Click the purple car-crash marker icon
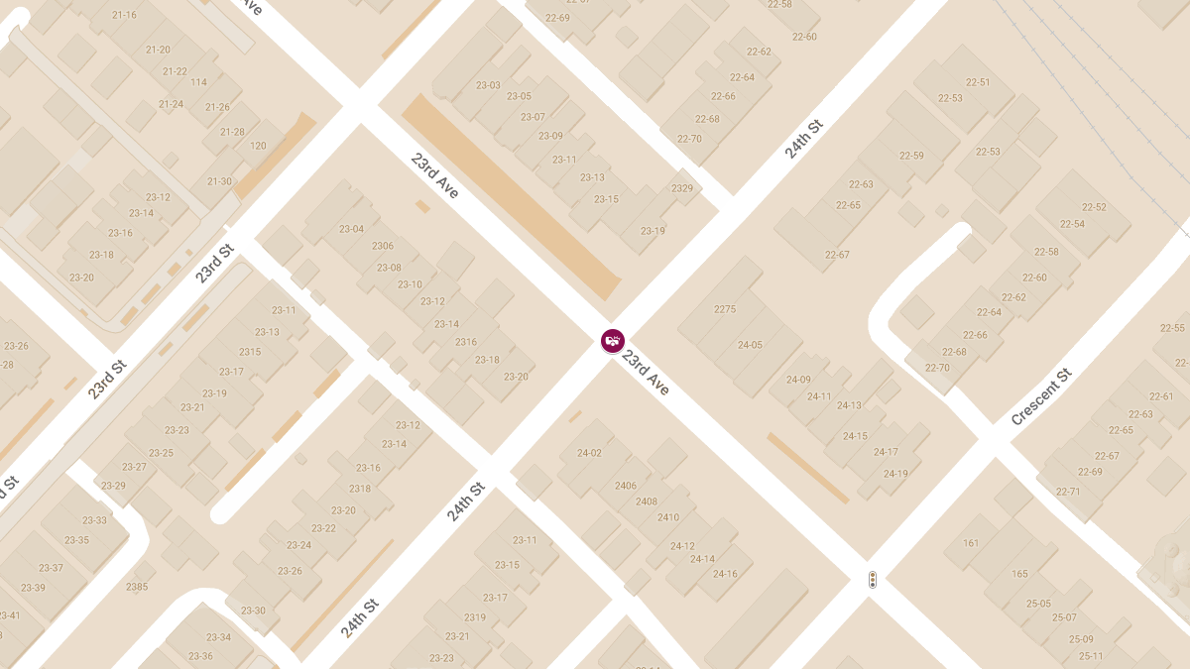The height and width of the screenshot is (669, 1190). [x=613, y=341]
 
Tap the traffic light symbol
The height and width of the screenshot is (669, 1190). [x=873, y=580]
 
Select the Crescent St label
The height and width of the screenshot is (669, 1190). [x=1041, y=396]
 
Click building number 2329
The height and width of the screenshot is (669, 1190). [x=682, y=188]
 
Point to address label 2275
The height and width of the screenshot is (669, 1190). [x=725, y=309]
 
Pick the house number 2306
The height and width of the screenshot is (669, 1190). [x=383, y=246]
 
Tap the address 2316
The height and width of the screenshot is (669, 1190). [x=466, y=342]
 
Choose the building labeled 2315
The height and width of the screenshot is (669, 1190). [x=250, y=352]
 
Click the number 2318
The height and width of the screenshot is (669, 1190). [x=360, y=489]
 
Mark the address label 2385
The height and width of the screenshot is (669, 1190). [x=137, y=587]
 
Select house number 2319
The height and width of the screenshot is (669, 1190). [x=475, y=617]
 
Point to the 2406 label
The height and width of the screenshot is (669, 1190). [x=626, y=486]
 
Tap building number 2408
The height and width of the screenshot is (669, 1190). [x=647, y=502]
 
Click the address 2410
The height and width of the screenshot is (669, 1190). [x=668, y=517]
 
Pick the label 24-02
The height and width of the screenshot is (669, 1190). [x=589, y=453]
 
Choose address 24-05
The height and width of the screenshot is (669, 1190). [x=750, y=345]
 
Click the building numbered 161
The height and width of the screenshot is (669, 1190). [x=971, y=543]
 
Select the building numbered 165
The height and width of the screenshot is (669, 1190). [x=1020, y=574]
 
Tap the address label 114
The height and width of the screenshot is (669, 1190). [x=199, y=82]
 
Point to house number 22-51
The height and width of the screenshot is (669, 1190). [x=978, y=82]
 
